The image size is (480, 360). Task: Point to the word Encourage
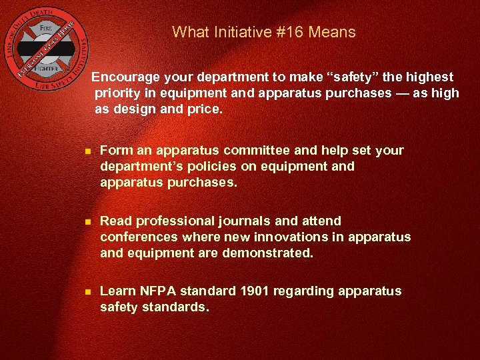pyautogui.click(x=127, y=77)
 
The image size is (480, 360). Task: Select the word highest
pyautogui.click(x=427, y=77)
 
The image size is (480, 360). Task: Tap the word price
pyautogui.click(x=204, y=109)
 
